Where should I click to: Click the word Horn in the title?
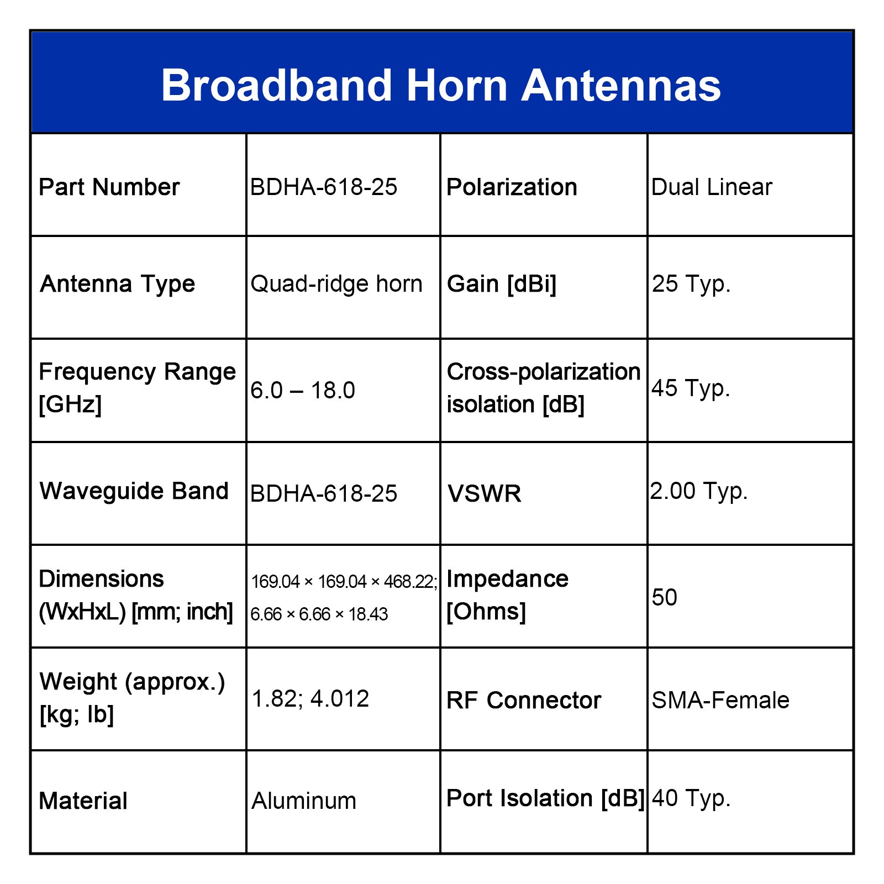click(x=457, y=86)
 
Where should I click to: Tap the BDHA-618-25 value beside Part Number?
click(x=324, y=187)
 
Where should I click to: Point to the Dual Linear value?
click(x=712, y=187)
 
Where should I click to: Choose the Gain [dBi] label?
click(x=502, y=284)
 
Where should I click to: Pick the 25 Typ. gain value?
click(x=691, y=284)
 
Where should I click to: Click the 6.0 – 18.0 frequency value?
click(x=303, y=391)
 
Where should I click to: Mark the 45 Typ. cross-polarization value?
click(x=691, y=388)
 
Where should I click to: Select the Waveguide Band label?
click(x=134, y=491)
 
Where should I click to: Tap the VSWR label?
click(x=485, y=494)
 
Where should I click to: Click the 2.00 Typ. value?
click(x=699, y=491)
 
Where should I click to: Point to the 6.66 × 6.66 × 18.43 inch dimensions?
click(x=319, y=614)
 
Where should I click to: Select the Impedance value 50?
click(x=664, y=598)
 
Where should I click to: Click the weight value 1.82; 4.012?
click(x=311, y=699)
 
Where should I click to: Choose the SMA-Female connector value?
click(x=720, y=701)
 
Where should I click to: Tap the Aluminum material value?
click(x=304, y=801)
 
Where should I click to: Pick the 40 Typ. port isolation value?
click(x=691, y=798)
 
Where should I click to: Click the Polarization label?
click(x=512, y=187)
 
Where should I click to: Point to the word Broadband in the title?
click(x=277, y=86)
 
